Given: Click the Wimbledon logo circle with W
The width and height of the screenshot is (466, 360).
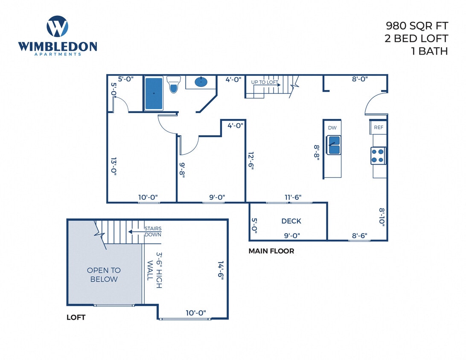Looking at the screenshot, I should (57, 26).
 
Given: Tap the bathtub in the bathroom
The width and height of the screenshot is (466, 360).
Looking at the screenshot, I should (154, 93).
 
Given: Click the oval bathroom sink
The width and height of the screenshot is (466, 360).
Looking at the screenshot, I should (201, 82).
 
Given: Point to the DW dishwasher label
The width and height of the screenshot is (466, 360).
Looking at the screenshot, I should (332, 128).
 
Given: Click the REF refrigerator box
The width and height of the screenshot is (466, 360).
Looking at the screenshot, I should (378, 128).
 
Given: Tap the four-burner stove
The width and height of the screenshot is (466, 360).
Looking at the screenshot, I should (378, 156).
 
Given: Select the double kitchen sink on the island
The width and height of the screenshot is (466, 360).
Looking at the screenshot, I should (333, 145).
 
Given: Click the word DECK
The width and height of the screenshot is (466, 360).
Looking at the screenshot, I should (291, 221).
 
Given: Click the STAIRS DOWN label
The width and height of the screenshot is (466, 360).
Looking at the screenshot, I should (153, 232).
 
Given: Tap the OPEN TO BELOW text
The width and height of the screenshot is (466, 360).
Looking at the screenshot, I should (104, 275).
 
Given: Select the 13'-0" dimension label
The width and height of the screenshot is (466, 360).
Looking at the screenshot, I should (114, 167).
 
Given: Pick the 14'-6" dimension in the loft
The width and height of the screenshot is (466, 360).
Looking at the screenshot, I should (221, 270).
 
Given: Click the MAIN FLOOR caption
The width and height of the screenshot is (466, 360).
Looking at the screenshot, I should (271, 251).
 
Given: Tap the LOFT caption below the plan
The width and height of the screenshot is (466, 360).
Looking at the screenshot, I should (76, 317).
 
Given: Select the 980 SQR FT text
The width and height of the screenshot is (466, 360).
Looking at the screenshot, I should (417, 26).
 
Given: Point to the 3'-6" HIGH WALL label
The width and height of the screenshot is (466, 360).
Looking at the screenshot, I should (154, 269).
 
